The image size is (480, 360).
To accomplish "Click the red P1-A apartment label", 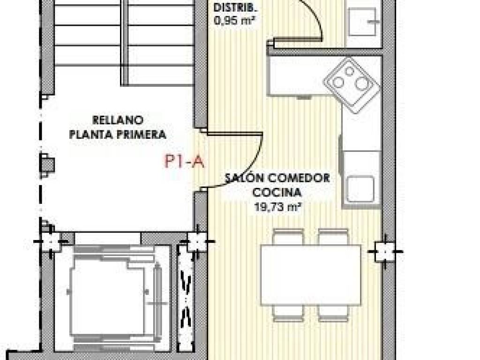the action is tap(184, 161).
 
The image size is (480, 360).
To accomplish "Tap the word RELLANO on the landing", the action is tap(118, 120).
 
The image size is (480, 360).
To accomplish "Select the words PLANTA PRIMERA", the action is tap(118, 134).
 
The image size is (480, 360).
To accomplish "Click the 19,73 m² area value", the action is tap(277, 207).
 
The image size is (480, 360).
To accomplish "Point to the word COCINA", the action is tap(277, 193).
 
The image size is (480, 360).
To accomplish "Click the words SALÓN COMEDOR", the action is tap(277, 178).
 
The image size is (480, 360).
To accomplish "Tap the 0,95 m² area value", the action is tap(235, 21).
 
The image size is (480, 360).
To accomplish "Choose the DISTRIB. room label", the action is tap(235, 7).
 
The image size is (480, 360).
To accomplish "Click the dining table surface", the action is tap(311, 275).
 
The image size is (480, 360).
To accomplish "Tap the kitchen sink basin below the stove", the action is tap(360, 189).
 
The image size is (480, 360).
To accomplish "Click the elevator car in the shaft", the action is tap(108, 297).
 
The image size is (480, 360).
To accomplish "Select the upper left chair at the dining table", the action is tap(288, 237).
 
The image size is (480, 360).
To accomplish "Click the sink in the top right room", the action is tap(362, 22).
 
